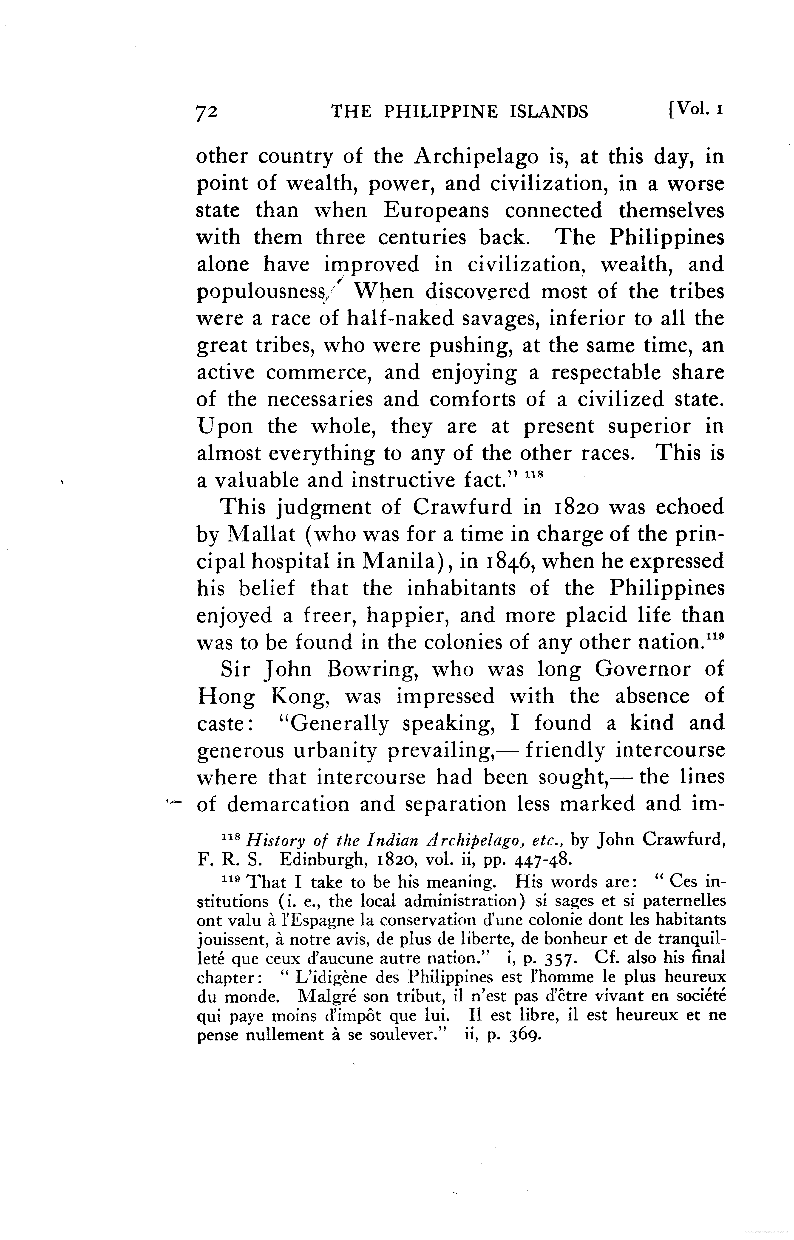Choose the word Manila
point(397,561)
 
